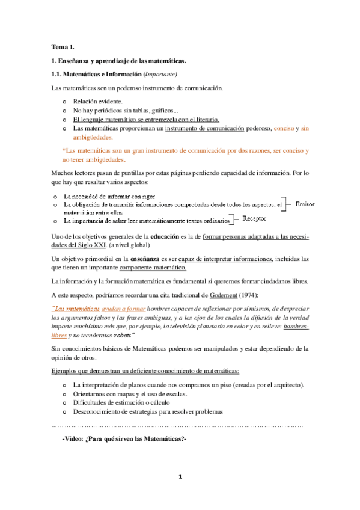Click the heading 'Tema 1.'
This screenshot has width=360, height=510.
point(63,46)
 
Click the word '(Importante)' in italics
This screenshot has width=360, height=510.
point(159,74)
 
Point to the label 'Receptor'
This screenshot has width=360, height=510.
point(257,218)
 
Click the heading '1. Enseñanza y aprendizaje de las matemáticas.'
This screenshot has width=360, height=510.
point(119,61)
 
